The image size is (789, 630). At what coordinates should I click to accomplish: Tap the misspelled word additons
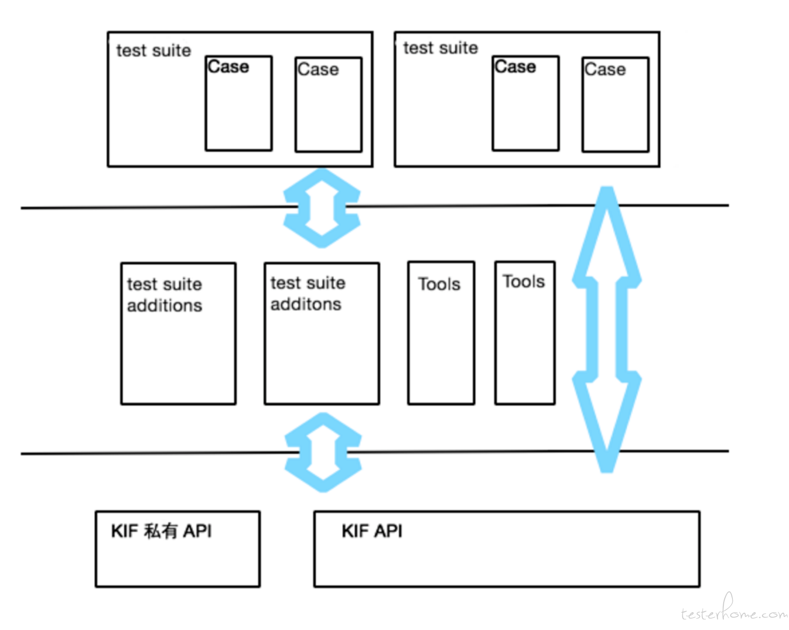click(x=306, y=304)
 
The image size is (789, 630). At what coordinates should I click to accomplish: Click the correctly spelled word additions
click(x=164, y=305)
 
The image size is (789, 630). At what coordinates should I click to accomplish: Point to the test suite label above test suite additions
click(x=153, y=51)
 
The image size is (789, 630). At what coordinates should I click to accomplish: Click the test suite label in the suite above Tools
click(x=440, y=48)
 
